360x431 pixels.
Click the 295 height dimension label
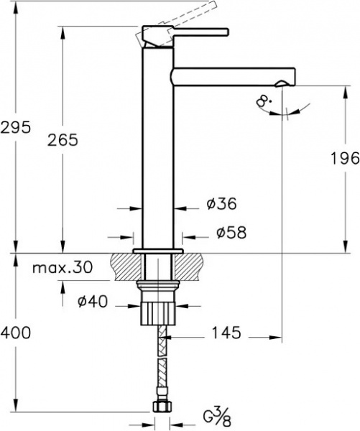(15, 128)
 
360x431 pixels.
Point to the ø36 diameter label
(221, 205)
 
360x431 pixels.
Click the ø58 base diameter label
(231, 233)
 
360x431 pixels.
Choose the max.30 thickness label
(63, 268)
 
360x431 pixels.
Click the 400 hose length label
(15, 333)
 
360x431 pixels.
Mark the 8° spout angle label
(264, 101)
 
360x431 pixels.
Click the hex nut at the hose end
(160, 407)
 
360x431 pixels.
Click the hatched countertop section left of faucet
(125, 269)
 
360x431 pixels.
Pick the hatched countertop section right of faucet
(192, 269)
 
